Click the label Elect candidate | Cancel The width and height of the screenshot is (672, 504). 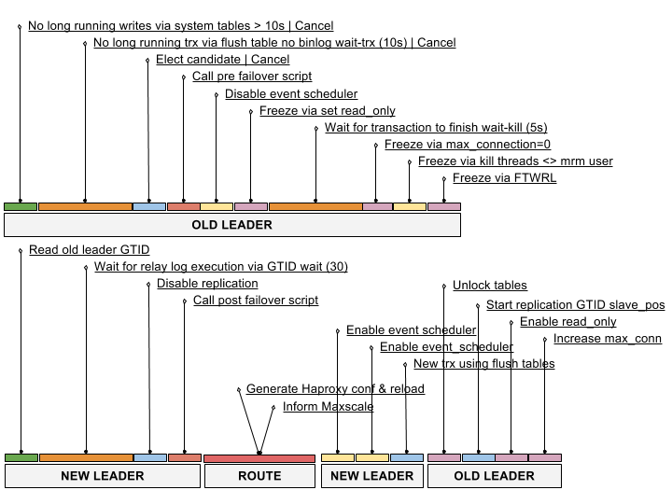tap(222, 59)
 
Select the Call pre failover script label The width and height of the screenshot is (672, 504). tap(252, 76)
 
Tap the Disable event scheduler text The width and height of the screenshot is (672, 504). tap(291, 93)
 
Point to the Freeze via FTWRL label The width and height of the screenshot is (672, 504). tap(504, 177)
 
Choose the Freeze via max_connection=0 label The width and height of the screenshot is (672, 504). tap(468, 144)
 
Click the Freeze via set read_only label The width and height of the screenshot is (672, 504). tap(327, 110)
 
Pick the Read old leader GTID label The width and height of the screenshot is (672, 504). tap(90, 249)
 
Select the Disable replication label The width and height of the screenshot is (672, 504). tap(207, 284)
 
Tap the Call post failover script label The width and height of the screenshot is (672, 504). tap(256, 300)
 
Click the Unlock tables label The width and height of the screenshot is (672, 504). tap(490, 285)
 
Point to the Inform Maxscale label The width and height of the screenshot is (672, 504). tap(328, 406)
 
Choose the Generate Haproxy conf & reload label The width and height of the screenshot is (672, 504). tap(335, 388)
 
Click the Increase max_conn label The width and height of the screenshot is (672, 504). tap(608, 338)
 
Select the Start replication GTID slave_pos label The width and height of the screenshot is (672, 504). tap(575, 304)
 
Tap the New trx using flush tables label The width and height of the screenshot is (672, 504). tap(483, 363)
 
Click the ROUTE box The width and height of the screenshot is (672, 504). tap(259, 476)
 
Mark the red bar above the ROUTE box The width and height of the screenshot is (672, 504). tap(259, 458)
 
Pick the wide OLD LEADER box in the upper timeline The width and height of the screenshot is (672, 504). tap(232, 225)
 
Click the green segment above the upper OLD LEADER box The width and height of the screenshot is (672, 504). tap(21, 206)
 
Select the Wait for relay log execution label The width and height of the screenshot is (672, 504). tap(220, 266)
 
